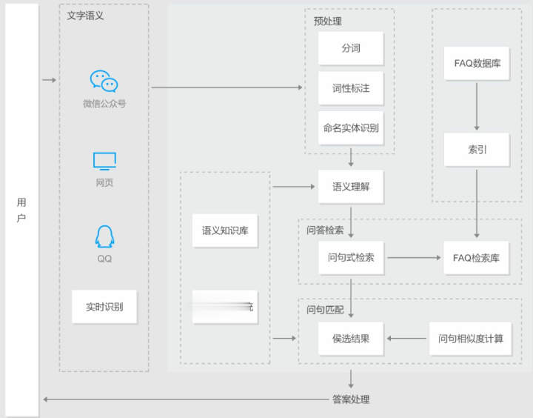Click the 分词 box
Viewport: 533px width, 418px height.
pos(351,48)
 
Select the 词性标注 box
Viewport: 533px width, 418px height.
pos(351,88)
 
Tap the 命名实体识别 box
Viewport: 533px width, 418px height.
pos(351,127)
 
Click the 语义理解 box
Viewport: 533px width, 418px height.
pos(351,186)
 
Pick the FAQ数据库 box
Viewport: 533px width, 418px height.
pos(477,63)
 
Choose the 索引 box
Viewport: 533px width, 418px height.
pos(477,149)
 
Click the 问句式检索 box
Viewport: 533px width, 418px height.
pos(351,258)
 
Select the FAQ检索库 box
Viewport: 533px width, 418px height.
pos(476,258)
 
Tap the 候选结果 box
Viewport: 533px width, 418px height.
pos(351,339)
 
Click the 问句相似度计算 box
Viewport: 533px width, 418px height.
pos(470,339)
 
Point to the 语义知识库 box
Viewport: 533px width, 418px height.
pos(225,230)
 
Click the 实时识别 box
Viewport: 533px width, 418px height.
pos(104,306)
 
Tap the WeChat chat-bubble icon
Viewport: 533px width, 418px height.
pos(104,81)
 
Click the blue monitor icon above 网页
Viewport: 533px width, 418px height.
pos(104,161)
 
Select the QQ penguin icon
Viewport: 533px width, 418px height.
pos(104,236)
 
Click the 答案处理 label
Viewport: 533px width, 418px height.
pos(351,399)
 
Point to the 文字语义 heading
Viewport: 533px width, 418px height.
pos(85,15)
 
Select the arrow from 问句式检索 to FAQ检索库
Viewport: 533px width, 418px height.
pos(414,258)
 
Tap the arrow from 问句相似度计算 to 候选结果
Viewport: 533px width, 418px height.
pos(406,339)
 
